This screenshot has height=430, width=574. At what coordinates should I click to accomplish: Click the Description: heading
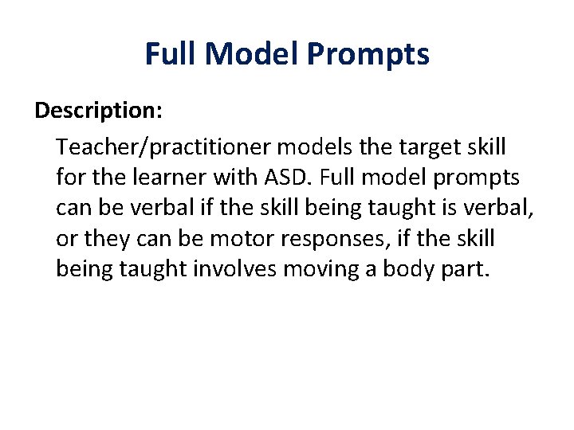pos(99,111)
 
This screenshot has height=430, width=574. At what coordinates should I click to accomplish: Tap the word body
pos(405,269)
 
